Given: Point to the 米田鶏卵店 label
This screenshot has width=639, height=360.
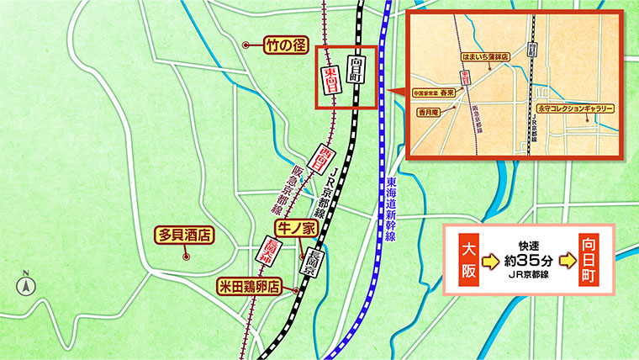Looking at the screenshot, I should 251,286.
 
